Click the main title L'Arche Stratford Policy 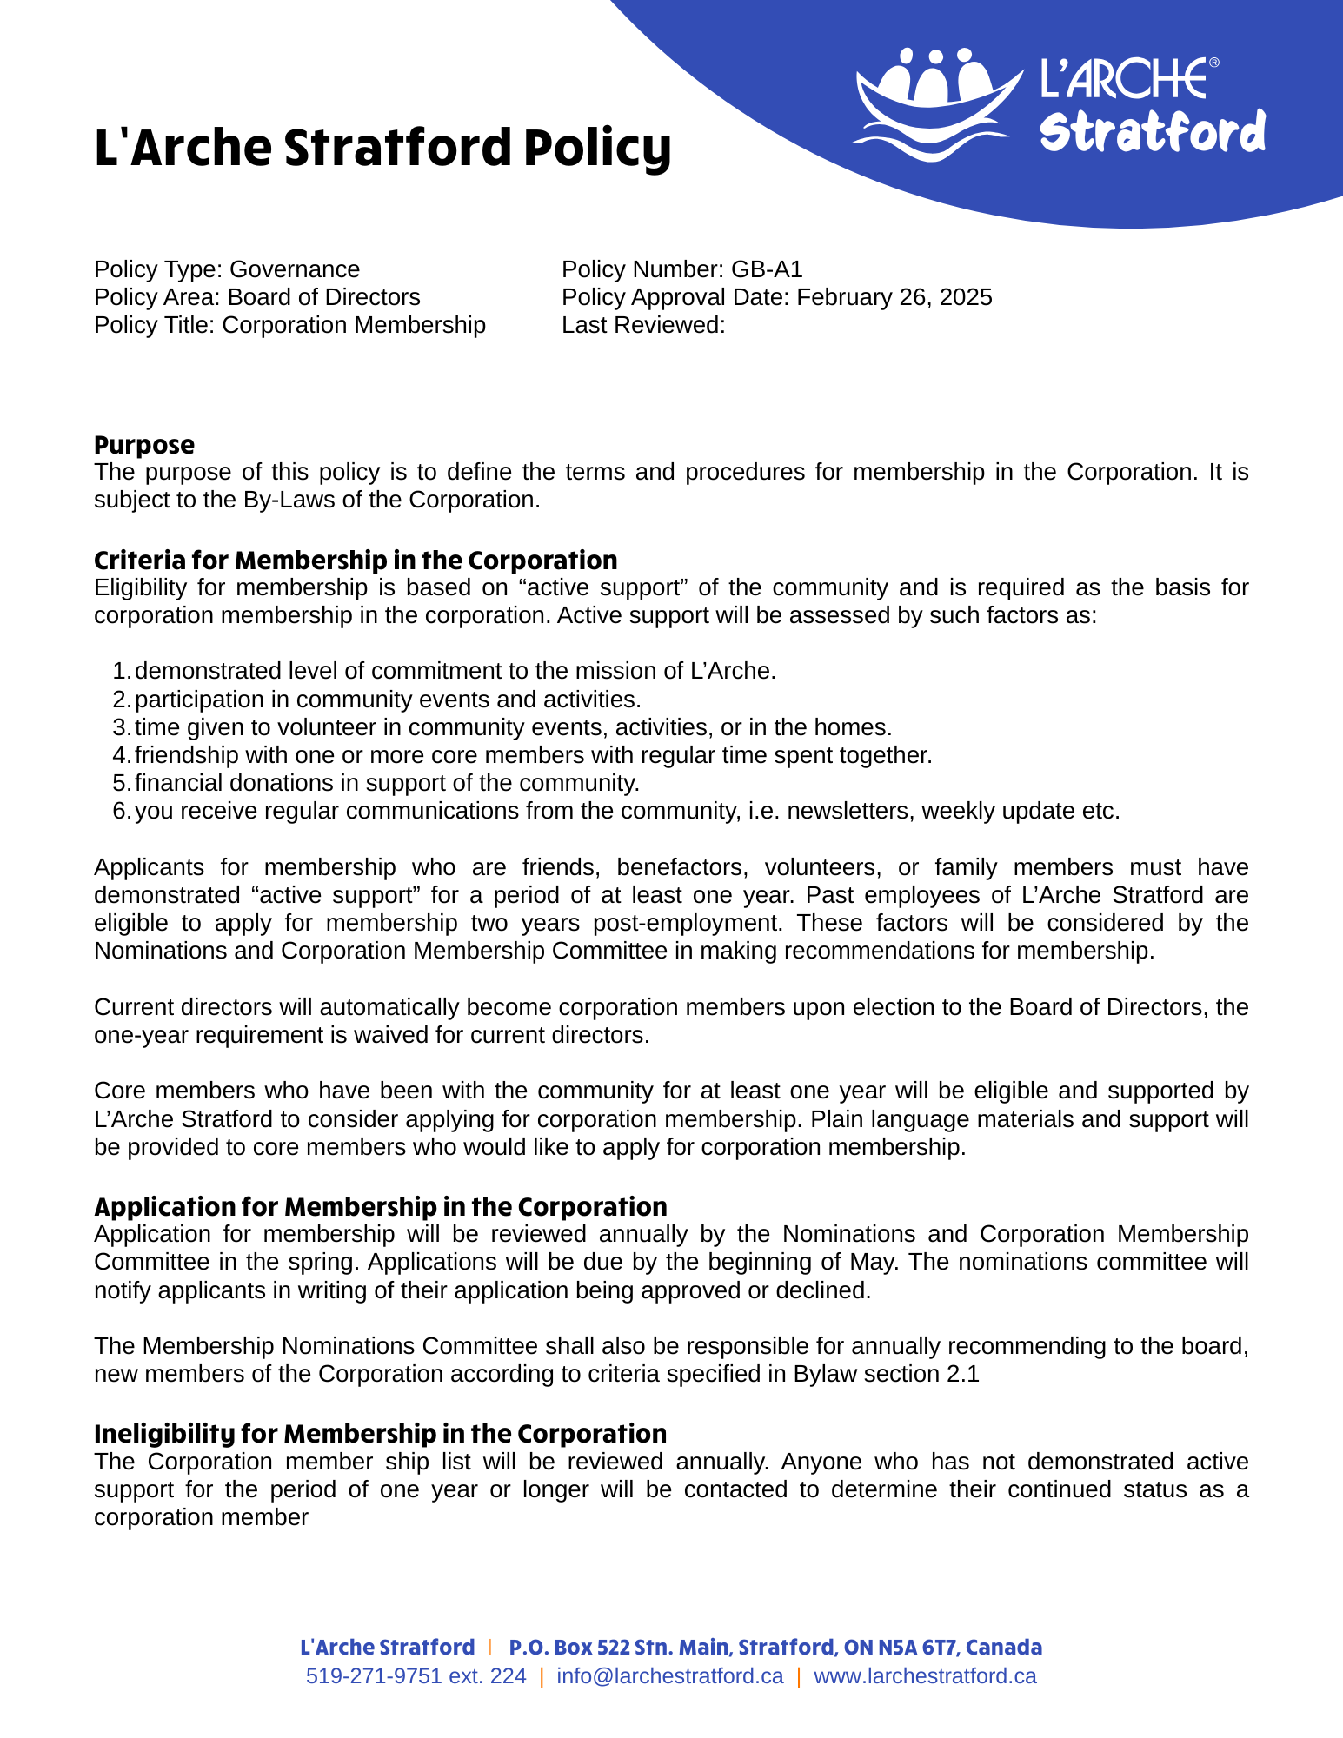point(382,148)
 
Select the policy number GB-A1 point(767,269)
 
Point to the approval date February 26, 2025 point(894,297)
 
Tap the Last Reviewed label point(643,325)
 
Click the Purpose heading point(144,445)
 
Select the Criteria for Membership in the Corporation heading point(356,560)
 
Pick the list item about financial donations point(387,783)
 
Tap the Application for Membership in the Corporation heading point(381,1206)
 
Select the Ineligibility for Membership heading point(380,1433)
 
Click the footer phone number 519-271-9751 point(374,1676)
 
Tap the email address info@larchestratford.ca point(670,1676)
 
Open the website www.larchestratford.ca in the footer point(925,1676)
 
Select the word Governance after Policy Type point(295,269)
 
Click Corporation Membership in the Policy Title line point(354,325)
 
